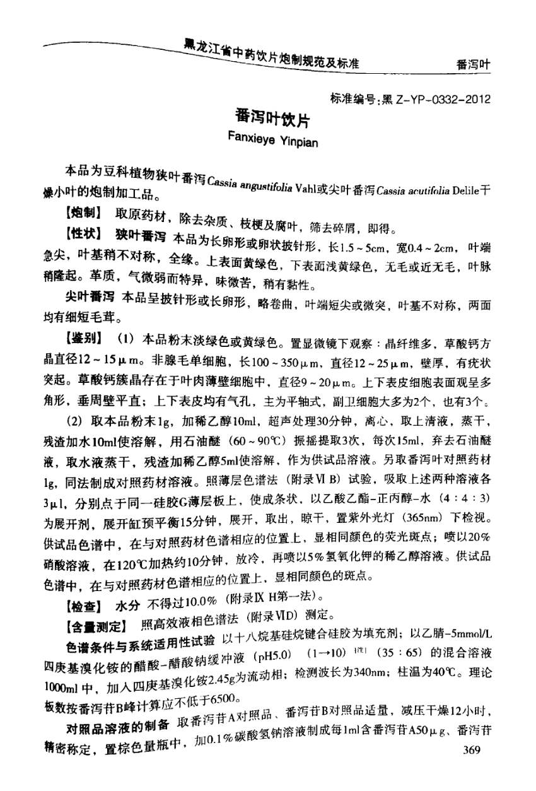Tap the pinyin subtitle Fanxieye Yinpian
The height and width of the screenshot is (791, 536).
tap(272, 140)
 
